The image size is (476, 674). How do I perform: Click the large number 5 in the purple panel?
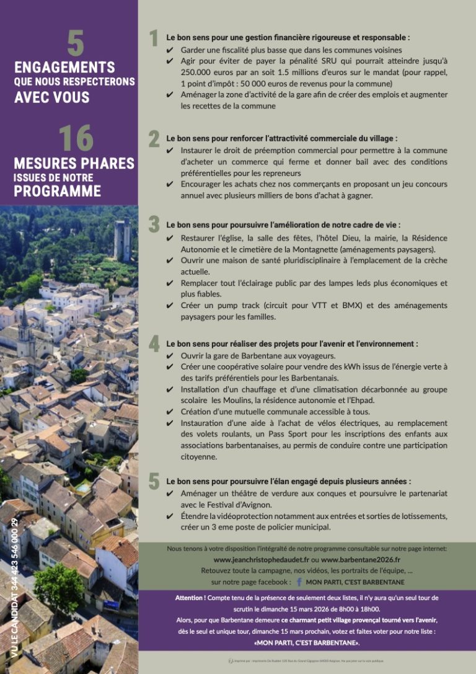pos(76,43)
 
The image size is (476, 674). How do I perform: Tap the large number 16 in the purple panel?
pos(76,138)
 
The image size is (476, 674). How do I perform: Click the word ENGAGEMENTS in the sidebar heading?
pos(64,68)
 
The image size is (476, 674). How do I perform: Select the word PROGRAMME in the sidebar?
pos(57,191)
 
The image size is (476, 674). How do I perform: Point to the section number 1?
pos(154,38)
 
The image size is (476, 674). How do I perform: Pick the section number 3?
pos(154,224)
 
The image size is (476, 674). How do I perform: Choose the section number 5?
pos(154,481)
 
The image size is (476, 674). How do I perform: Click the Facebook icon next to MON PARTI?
pos(299,582)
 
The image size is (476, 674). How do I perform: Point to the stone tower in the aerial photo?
pos(122,240)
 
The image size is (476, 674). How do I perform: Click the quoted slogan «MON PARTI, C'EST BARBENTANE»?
pos(307,642)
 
